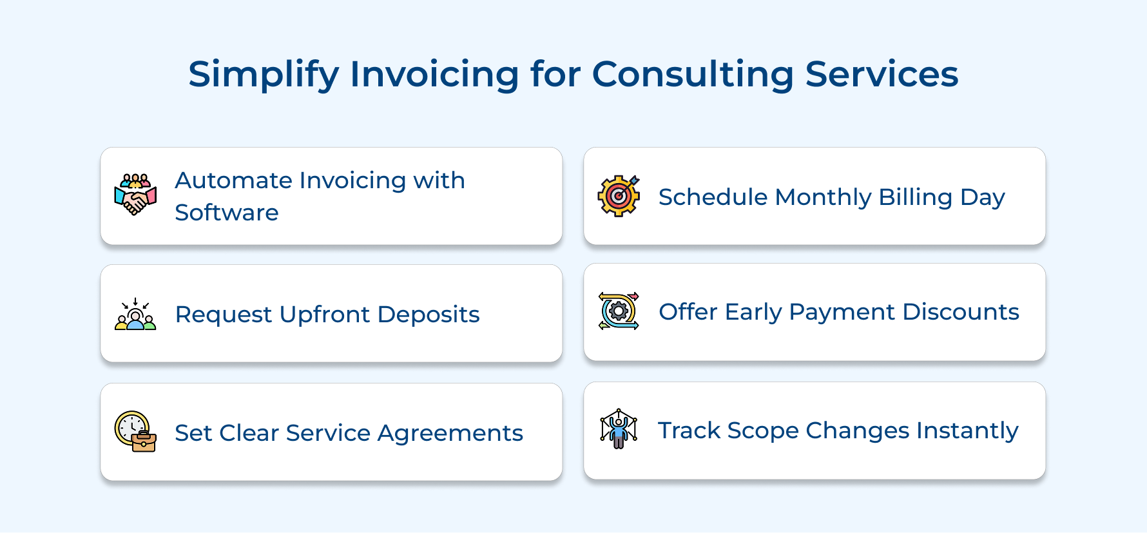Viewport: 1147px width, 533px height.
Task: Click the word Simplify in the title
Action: [x=263, y=75]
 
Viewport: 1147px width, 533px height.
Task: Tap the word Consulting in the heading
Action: [x=693, y=75]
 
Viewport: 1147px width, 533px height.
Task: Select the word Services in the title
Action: [x=882, y=75]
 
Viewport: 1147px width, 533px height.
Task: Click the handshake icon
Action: [x=135, y=195]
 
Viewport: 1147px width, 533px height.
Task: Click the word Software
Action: [x=227, y=213]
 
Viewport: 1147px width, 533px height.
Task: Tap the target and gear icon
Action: [x=619, y=195]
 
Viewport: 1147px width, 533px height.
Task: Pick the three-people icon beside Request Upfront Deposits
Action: [x=135, y=314]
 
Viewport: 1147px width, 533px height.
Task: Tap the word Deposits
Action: [x=429, y=315]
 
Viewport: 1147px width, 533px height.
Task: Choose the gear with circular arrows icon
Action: [x=619, y=311]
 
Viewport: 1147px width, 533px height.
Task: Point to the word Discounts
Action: [x=961, y=312]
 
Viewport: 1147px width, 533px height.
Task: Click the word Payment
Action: [x=842, y=312]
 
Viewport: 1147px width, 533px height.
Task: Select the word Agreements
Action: [x=450, y=433]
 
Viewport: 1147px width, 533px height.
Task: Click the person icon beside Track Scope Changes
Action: [x=619, y=429]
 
